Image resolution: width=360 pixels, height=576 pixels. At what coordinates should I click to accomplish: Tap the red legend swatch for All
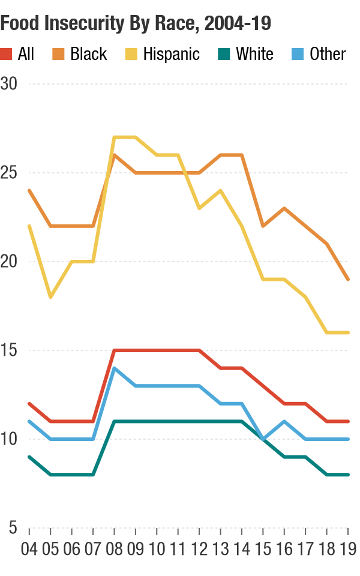[x=7, y=54]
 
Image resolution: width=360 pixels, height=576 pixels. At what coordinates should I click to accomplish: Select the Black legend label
[x=88, y=54]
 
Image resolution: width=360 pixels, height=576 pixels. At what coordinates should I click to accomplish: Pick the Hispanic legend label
[x=171, y=54]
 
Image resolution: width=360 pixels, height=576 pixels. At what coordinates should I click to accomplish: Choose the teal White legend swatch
[x=223, y=54]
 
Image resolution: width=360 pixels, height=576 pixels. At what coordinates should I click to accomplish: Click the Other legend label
[x=328, y=54]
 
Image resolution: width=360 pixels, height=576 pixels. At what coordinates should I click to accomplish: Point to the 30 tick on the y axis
[x=9, y=84]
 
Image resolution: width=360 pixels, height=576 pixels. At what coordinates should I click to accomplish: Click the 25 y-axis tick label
[x=9, y=173]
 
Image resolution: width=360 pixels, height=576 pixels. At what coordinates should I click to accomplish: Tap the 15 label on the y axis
[x=9, y=350]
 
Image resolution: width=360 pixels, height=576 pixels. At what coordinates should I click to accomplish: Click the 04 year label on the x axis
[x=29, y=548]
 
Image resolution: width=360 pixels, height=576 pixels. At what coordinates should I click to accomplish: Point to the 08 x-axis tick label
[x=114, y=548]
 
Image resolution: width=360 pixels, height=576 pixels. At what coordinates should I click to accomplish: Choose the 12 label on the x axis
[x=199, y=548]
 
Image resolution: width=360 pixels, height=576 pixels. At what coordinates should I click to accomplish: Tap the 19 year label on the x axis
[x=348, y=548]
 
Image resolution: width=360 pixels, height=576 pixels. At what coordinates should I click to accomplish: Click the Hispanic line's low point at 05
[x=50, y=297]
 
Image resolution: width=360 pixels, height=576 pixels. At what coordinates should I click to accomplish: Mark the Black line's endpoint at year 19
[x=348, y=280]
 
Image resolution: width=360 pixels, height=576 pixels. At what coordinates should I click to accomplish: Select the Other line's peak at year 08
[x=114, y=368]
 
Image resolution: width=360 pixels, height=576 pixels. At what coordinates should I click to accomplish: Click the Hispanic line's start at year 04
[x=29, y=226]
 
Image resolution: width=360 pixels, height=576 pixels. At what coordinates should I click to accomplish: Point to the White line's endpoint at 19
[x=348, y=475]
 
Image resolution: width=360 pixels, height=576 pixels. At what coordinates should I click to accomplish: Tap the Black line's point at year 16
[x=284, y=208]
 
